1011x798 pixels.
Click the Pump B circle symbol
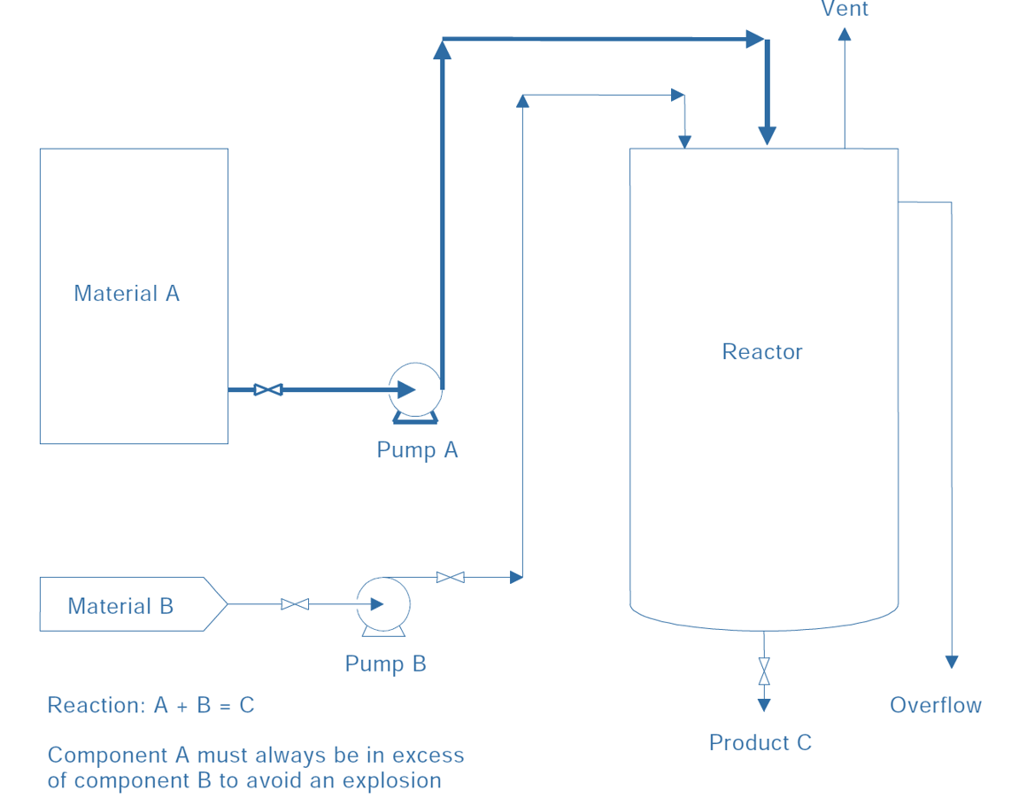click(383, 603)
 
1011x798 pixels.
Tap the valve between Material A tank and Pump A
click(268, 389)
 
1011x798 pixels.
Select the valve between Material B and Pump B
click(295, 604)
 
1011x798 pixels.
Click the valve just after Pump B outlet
click(451, 578)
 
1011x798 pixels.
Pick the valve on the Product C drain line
click(764, 671)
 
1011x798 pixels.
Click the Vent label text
click(845, 10)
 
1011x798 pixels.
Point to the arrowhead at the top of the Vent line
click(845, 35)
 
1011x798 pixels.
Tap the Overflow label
click(936, 705)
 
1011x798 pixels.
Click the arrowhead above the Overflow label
click(952, 661)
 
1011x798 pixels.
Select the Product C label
click(760, 742)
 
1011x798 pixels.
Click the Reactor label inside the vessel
click(762, 352)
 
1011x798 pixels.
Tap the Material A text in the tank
click(127, 294)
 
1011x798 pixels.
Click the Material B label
click(120, 606)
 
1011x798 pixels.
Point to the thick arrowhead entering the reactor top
click(767, 134)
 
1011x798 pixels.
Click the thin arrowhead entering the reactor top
click(684, 141)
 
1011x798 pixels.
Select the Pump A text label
click(417, 449)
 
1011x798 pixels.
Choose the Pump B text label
click(385, 664)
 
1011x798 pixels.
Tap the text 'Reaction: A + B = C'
click(150, 705)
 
